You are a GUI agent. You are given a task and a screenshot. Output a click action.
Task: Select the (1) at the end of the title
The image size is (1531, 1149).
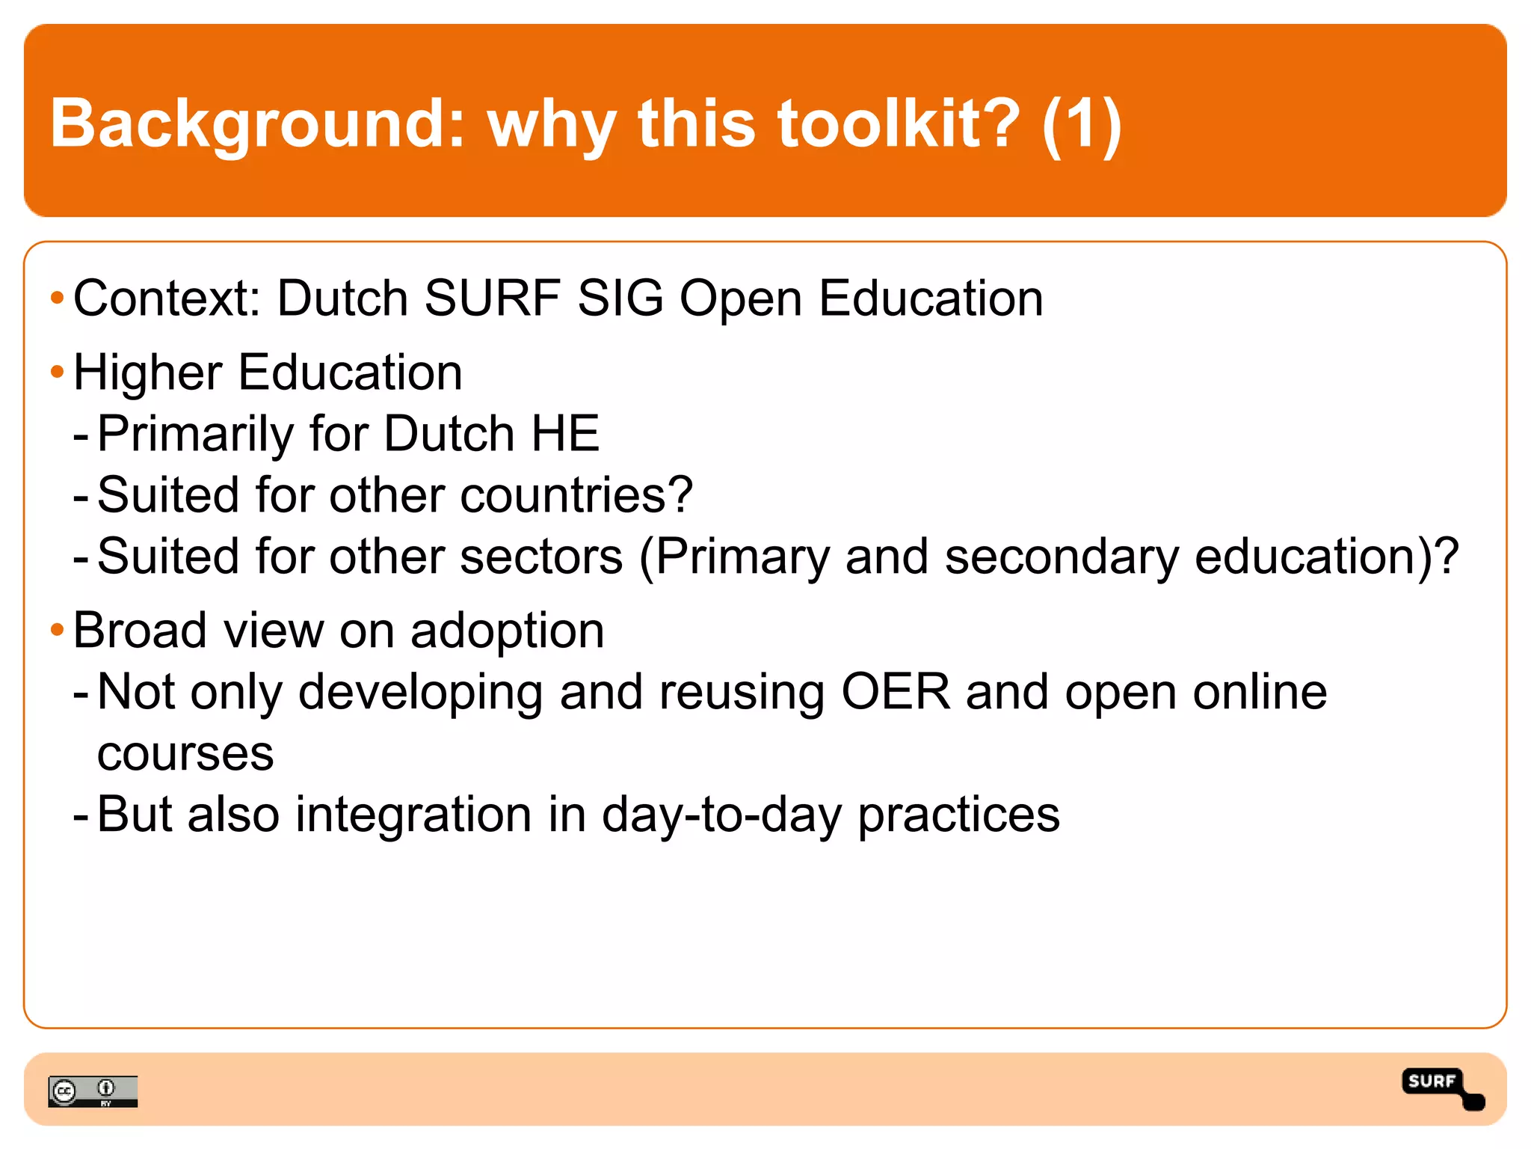[1082, 123]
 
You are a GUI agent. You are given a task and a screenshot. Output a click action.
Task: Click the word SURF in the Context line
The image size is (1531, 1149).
[493, 298]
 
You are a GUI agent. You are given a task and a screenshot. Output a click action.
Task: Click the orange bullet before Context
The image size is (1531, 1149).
[57, 298]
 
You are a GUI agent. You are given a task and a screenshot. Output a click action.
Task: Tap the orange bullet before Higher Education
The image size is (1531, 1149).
[57, 372]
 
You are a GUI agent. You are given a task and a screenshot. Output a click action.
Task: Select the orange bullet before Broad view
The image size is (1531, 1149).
[57, 630]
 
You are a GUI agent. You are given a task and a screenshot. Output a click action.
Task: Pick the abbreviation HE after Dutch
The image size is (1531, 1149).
[565, 433]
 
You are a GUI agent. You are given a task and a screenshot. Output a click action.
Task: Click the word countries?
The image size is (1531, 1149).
[576, 495]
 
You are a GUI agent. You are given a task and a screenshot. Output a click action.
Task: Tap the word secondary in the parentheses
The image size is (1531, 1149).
[1061, 557]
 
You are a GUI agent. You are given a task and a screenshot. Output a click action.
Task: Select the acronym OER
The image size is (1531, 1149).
[896, 692]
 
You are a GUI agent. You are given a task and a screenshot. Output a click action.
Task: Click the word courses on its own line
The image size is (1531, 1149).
[185, 754]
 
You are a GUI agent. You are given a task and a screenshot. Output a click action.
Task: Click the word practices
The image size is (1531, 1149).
[958, 815]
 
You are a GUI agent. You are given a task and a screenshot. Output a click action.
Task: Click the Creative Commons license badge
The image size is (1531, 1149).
[93, 1091]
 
